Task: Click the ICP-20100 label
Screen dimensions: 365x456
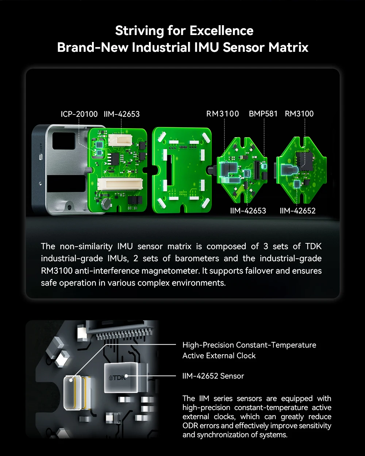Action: click(79, 114)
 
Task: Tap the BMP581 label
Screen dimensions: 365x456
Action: click(263, 114)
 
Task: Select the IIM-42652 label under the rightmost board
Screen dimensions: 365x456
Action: click(297, 210)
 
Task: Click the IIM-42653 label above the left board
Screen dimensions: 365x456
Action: click(122, 114)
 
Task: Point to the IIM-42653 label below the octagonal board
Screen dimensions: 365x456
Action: click(248, 210)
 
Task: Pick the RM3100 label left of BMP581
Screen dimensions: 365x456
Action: click(223, 114)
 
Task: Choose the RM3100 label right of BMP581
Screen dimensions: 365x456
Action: click(299, 114)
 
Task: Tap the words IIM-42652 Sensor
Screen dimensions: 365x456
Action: click(213, 376)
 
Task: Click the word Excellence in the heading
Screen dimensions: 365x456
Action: click(222, 31)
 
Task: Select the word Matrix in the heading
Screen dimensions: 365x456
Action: click(288, 47)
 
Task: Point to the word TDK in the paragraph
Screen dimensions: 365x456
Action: click(313, 246)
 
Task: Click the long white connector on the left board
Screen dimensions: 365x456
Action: click(120, 184)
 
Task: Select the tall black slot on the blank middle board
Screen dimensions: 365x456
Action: click(169, 170)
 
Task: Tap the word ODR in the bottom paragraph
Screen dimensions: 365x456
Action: click(190, 425)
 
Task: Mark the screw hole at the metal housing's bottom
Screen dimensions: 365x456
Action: click(69, 207)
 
